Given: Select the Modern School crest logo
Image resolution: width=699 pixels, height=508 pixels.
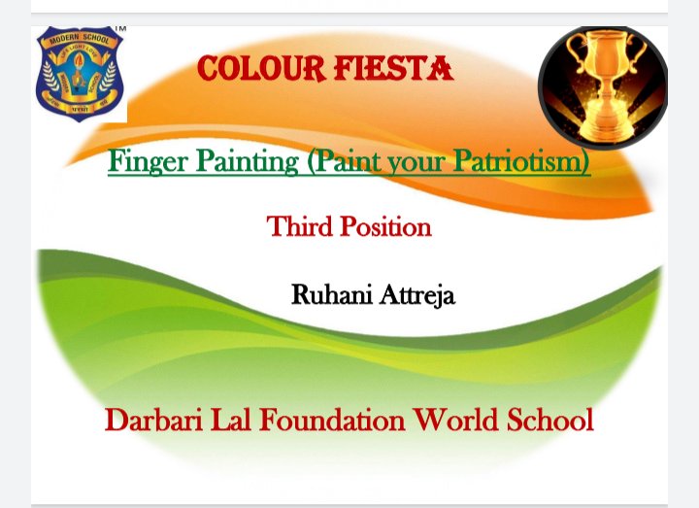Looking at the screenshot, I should coord(80,74).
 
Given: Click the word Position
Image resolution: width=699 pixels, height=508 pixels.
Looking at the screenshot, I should coord(385,226).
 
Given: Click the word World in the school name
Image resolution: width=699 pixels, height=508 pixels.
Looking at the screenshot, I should coord(456,421).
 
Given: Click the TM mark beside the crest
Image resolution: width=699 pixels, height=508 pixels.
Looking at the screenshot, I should coord(119,28).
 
